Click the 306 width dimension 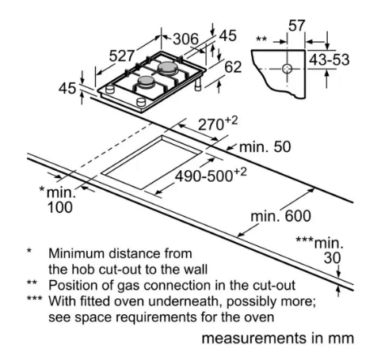(x=185, y=39)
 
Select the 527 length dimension (x=122, y=56)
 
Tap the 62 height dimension (x=233, y=67)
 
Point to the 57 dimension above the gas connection (x=296, y=26)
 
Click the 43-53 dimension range (x=329, y=60)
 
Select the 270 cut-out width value (x=211, y=125)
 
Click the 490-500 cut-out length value (x=204, y=176)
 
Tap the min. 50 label (x=265, y=146)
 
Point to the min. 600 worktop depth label (x=280, y=216)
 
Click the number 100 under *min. (x=59, y=207)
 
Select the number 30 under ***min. (x=332, y=258)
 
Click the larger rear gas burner (x=168, y=68)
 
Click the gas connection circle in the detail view (x=287, y=69)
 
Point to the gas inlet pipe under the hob (x=198, y=85)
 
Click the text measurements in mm (x=277, y=338)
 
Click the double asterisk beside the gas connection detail (x=261, y=39)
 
